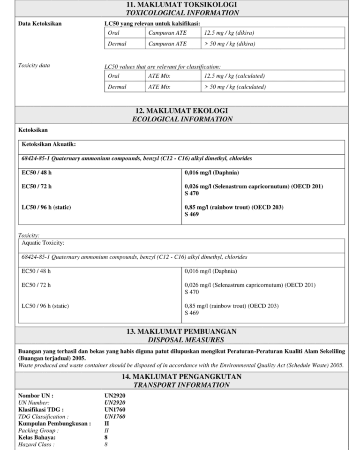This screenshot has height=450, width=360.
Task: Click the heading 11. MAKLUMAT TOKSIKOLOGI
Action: (181, 5)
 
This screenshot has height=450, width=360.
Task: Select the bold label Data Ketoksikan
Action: (39, 23)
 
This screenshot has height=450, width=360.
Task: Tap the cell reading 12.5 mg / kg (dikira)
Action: (229, 33)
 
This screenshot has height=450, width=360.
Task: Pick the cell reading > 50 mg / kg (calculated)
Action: (235, 87)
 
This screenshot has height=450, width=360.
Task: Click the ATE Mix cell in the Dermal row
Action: (159, 87)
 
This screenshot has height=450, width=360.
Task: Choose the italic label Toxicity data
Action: (34, 66)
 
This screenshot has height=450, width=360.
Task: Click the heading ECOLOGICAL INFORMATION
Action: (182, 119)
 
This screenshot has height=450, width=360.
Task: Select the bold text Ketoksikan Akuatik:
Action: (49, 144)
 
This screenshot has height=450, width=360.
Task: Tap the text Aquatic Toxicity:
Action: (43, 243)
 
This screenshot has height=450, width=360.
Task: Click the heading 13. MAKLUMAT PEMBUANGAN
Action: (181, 331)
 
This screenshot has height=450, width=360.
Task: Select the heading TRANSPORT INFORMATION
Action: (181, 385)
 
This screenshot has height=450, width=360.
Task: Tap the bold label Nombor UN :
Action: (36, 396)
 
